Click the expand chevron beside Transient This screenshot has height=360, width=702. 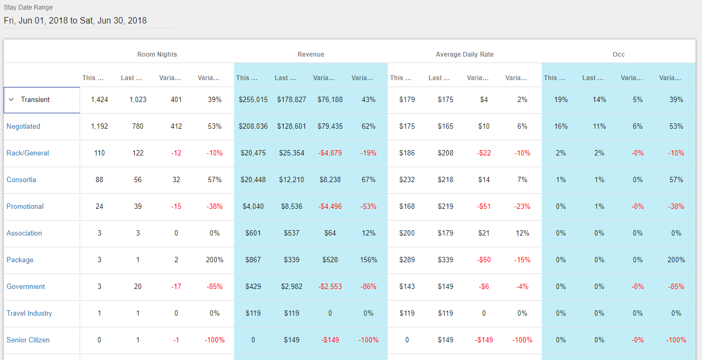(11, 100)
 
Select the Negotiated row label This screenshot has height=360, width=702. (23, 127)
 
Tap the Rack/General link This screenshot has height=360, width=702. (27, 153)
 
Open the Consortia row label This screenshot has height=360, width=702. (21, 180)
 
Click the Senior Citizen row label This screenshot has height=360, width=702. (28, 340)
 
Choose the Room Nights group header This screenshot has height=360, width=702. (157, 54)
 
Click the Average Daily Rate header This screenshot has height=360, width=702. (464, 54)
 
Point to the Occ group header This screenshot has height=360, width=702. (618, 54)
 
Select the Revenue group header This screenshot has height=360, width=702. (310, 54)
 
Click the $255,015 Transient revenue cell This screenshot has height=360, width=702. (253, 100)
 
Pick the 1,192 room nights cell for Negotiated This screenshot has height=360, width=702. (99, 127)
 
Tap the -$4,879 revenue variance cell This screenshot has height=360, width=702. (330, 153)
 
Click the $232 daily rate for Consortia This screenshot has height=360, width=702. (407, 180)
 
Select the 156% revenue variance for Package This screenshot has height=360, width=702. (368, 260)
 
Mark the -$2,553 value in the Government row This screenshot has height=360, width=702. (330, 287)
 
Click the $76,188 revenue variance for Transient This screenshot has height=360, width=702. (330, 100)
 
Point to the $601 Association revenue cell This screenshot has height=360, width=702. (253, 233)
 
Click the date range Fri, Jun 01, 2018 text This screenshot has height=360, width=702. (75, 21)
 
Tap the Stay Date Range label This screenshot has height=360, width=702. (28, 8)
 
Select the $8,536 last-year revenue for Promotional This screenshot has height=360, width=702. (292, 207)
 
